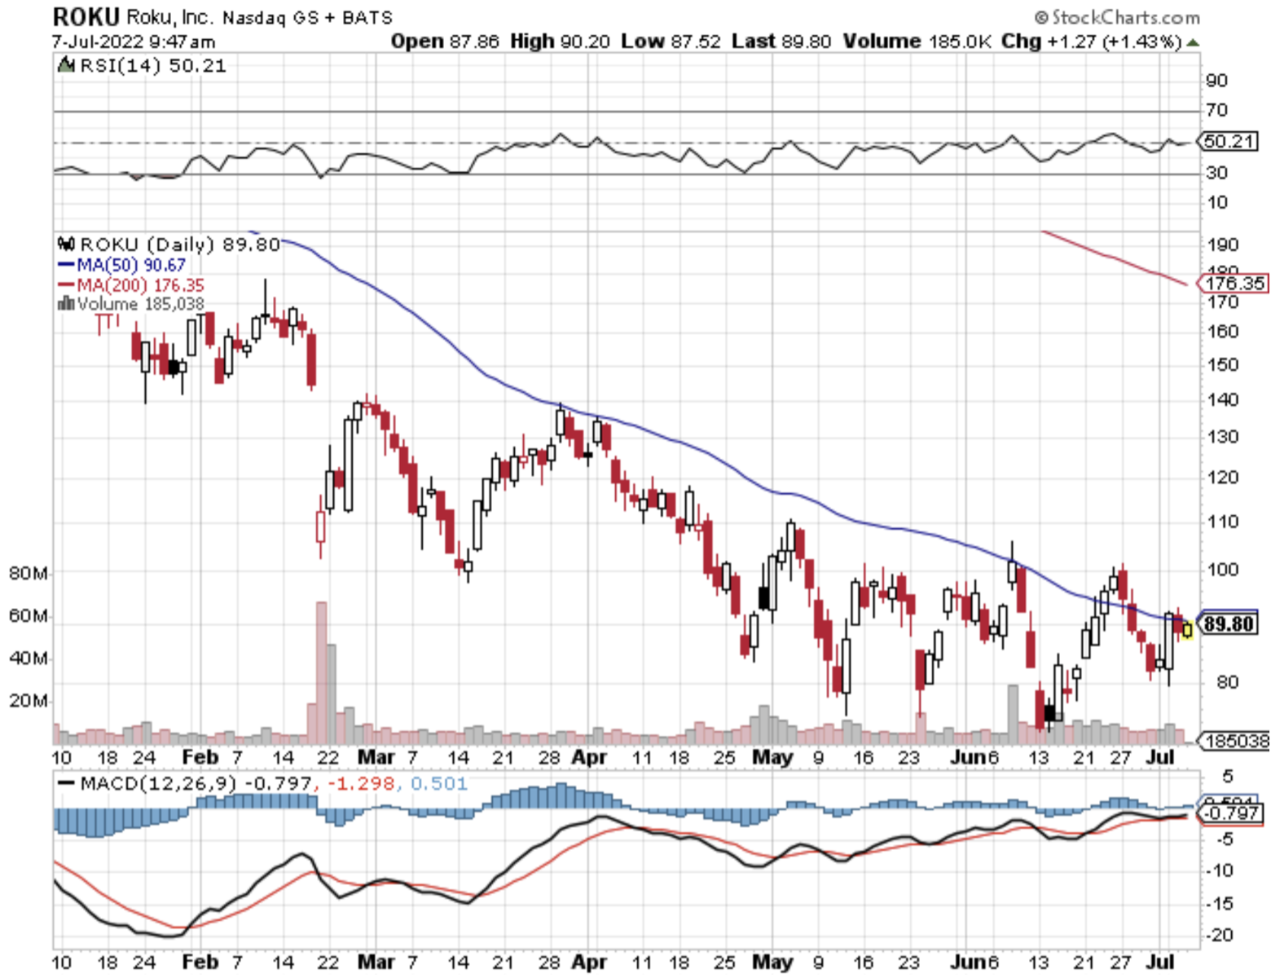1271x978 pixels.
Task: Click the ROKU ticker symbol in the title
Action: [86, 16]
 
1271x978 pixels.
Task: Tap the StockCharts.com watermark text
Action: [1117, 17]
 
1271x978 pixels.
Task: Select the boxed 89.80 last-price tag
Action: [1229, 624]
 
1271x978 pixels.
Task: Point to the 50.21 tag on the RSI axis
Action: [1229, 141]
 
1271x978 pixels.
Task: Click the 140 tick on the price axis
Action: [1222, 399]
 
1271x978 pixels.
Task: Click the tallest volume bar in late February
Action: [321, 668]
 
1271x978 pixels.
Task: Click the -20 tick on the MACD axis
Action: [1220, 935]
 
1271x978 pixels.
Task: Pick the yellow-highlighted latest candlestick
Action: [1187, 629]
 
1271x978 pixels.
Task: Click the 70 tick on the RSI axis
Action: [1217, 110]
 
